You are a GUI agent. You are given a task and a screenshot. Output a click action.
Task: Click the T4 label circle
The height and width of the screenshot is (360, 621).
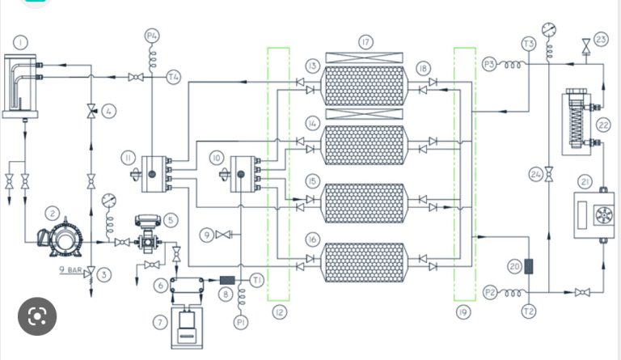pos(173,77)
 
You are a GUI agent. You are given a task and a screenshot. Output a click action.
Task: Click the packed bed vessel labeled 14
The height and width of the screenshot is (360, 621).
pos(364,144)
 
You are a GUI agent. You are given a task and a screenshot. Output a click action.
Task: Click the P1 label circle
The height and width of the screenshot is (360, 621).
pos(240,323)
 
